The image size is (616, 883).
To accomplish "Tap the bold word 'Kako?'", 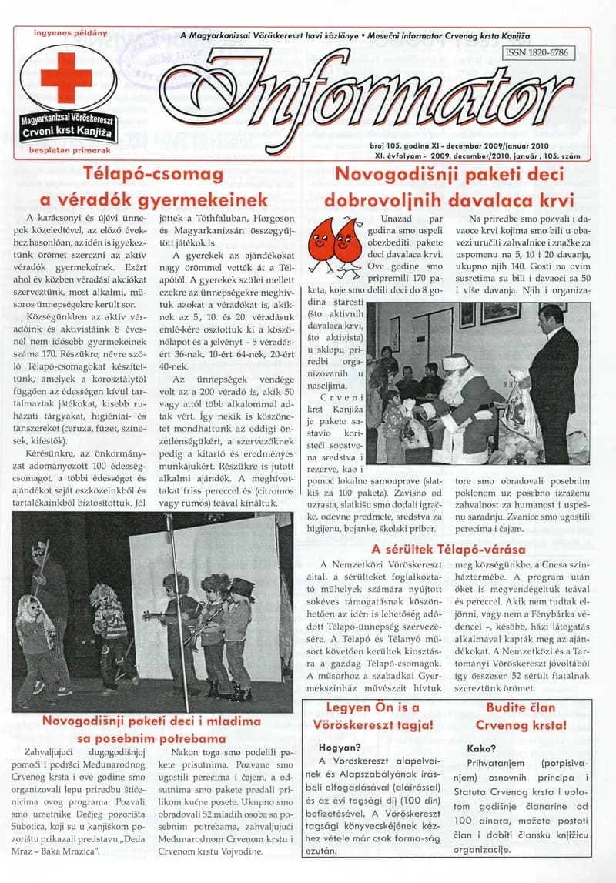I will [x=482, y=748].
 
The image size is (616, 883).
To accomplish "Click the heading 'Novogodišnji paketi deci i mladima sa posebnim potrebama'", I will [x=152, y=730].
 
